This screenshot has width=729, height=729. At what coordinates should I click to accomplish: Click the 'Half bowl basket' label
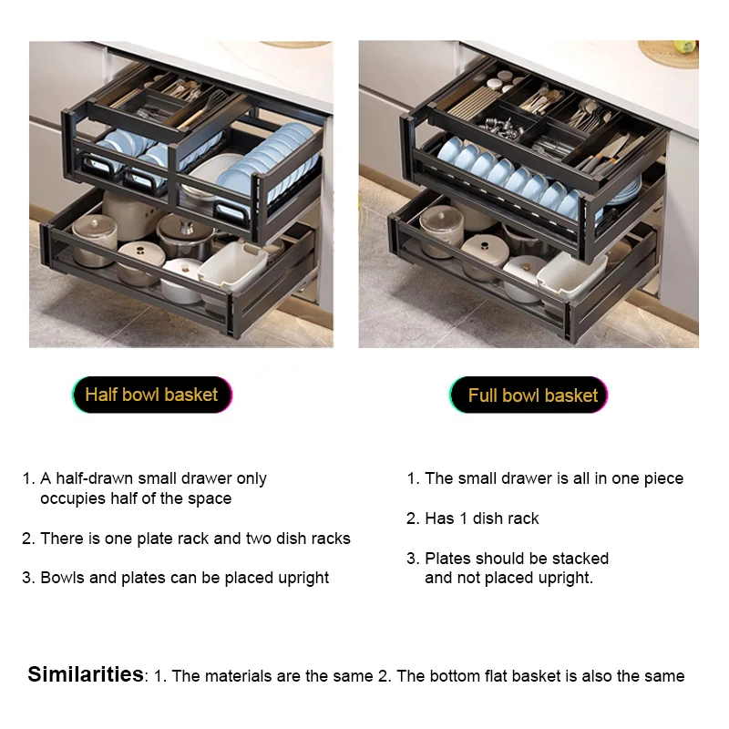(x=151, y=395)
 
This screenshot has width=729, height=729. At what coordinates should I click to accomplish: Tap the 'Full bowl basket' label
(x=529, y=395)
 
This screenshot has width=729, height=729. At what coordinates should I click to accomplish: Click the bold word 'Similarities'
(x=86, y=673)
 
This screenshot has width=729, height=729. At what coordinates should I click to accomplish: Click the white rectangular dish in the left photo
(x=232, y=265)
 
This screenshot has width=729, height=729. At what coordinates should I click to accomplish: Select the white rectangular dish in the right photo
(x=572, y=274)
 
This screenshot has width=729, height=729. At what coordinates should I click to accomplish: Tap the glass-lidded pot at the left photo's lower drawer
(x=96, y=236)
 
